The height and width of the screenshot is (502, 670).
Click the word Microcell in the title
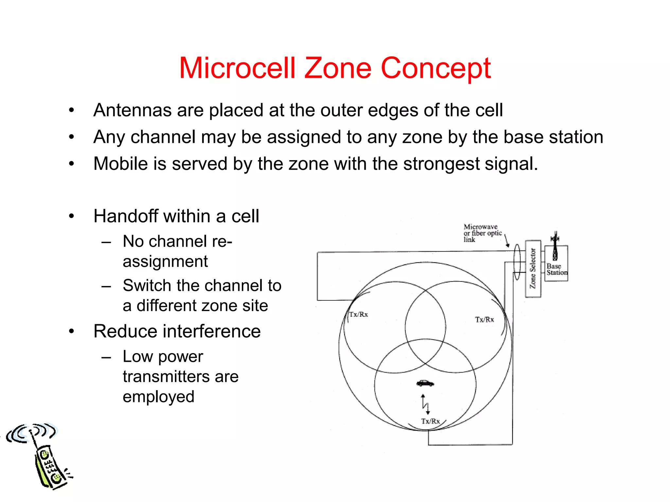point(237,68)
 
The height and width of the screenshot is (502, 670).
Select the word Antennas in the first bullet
point(132,110)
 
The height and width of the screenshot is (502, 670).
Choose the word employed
point(158,397)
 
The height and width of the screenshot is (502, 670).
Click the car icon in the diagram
point(425,383)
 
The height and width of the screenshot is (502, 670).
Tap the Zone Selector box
point(533,269)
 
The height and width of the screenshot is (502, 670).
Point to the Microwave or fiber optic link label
point(482,233)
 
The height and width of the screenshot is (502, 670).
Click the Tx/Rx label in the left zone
point(359,314)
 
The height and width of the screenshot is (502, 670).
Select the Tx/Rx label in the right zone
point(484,319)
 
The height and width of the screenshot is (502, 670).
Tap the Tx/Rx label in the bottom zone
point(430,421)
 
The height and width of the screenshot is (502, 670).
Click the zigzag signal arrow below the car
point(425,405)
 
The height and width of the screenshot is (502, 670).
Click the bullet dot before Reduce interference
point(72,331)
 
